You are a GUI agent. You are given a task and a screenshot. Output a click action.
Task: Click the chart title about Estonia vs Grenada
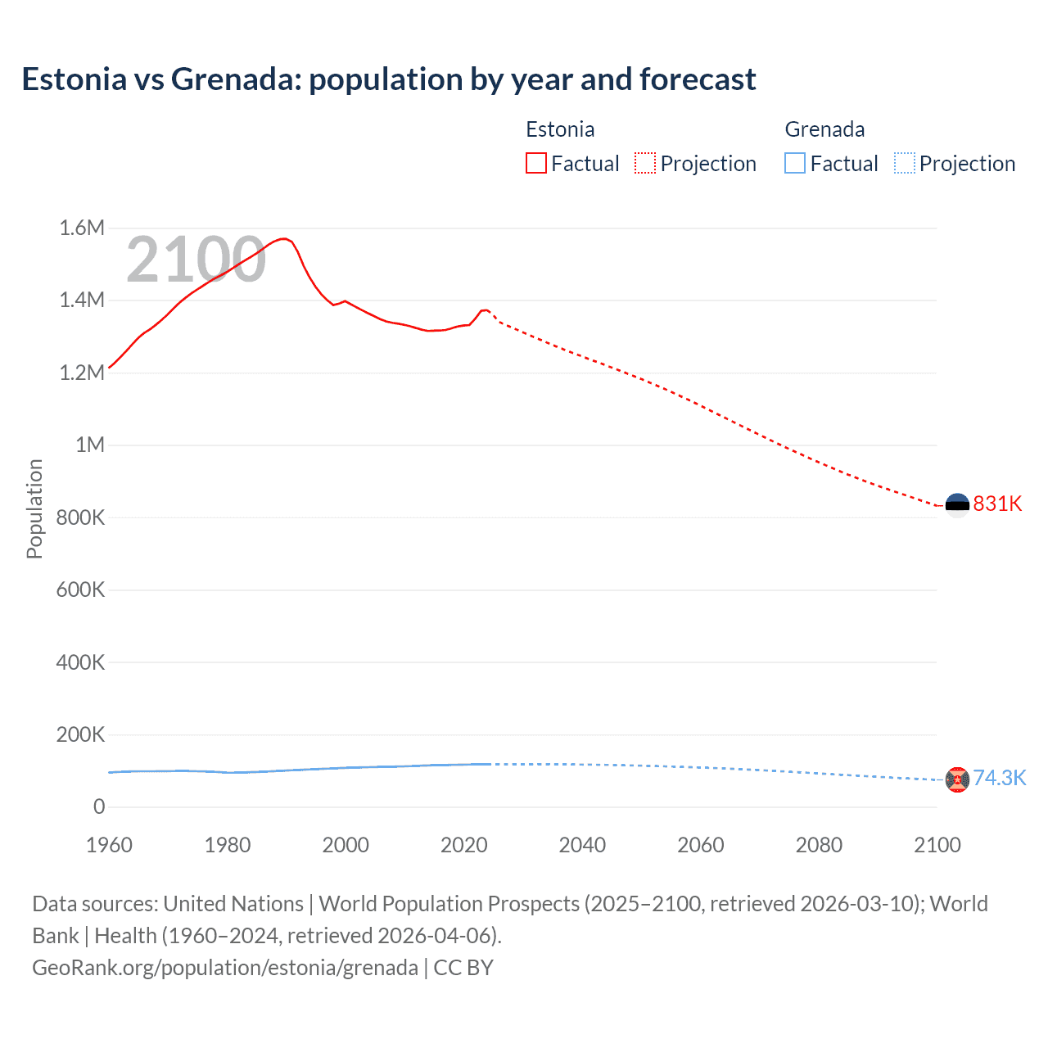tap(388, 79)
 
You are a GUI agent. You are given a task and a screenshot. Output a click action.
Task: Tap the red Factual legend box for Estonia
tap(535, 163)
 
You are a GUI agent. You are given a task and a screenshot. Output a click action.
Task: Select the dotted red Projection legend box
tap(644, 163)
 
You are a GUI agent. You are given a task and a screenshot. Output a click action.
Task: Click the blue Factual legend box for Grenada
tap(794, 163)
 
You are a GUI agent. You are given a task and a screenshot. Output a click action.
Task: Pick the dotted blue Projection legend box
tap(904, 163)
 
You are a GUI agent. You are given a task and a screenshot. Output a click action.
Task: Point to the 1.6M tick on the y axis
tap(82, 228)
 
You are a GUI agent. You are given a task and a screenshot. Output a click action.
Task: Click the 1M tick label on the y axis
tap(90, 445)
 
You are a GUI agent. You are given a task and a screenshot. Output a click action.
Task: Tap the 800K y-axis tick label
tap(80, 517)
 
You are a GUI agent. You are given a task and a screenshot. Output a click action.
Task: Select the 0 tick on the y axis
tap(99, 806)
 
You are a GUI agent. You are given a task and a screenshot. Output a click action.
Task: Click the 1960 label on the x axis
tap(109, 845)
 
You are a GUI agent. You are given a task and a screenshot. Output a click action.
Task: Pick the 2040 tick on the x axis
tap(582, 845)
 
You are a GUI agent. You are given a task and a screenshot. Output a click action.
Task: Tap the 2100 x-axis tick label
tap(937, 845)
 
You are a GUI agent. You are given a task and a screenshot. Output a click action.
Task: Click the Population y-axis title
tap(34, 508)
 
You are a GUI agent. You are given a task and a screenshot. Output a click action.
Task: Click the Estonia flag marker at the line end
tap(957, 506)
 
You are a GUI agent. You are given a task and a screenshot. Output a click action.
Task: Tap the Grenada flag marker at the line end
tap(957, 779)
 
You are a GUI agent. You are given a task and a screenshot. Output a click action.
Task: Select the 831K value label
tap(997, 504)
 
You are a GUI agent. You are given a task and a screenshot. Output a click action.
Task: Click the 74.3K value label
tap(999, 778)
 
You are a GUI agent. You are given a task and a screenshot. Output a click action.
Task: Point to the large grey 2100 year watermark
tap(196, 260)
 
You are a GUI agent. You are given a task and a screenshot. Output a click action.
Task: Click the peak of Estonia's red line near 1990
tap(284, 238)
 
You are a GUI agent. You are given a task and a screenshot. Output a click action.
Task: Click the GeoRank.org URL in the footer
tap(225, 968)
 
